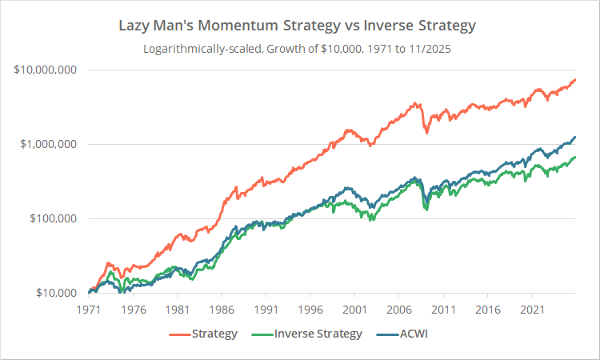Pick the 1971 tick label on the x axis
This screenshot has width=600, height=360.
89,309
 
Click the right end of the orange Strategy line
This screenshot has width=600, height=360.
575,79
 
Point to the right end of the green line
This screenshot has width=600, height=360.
575,158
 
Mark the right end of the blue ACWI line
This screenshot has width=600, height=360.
575,137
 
